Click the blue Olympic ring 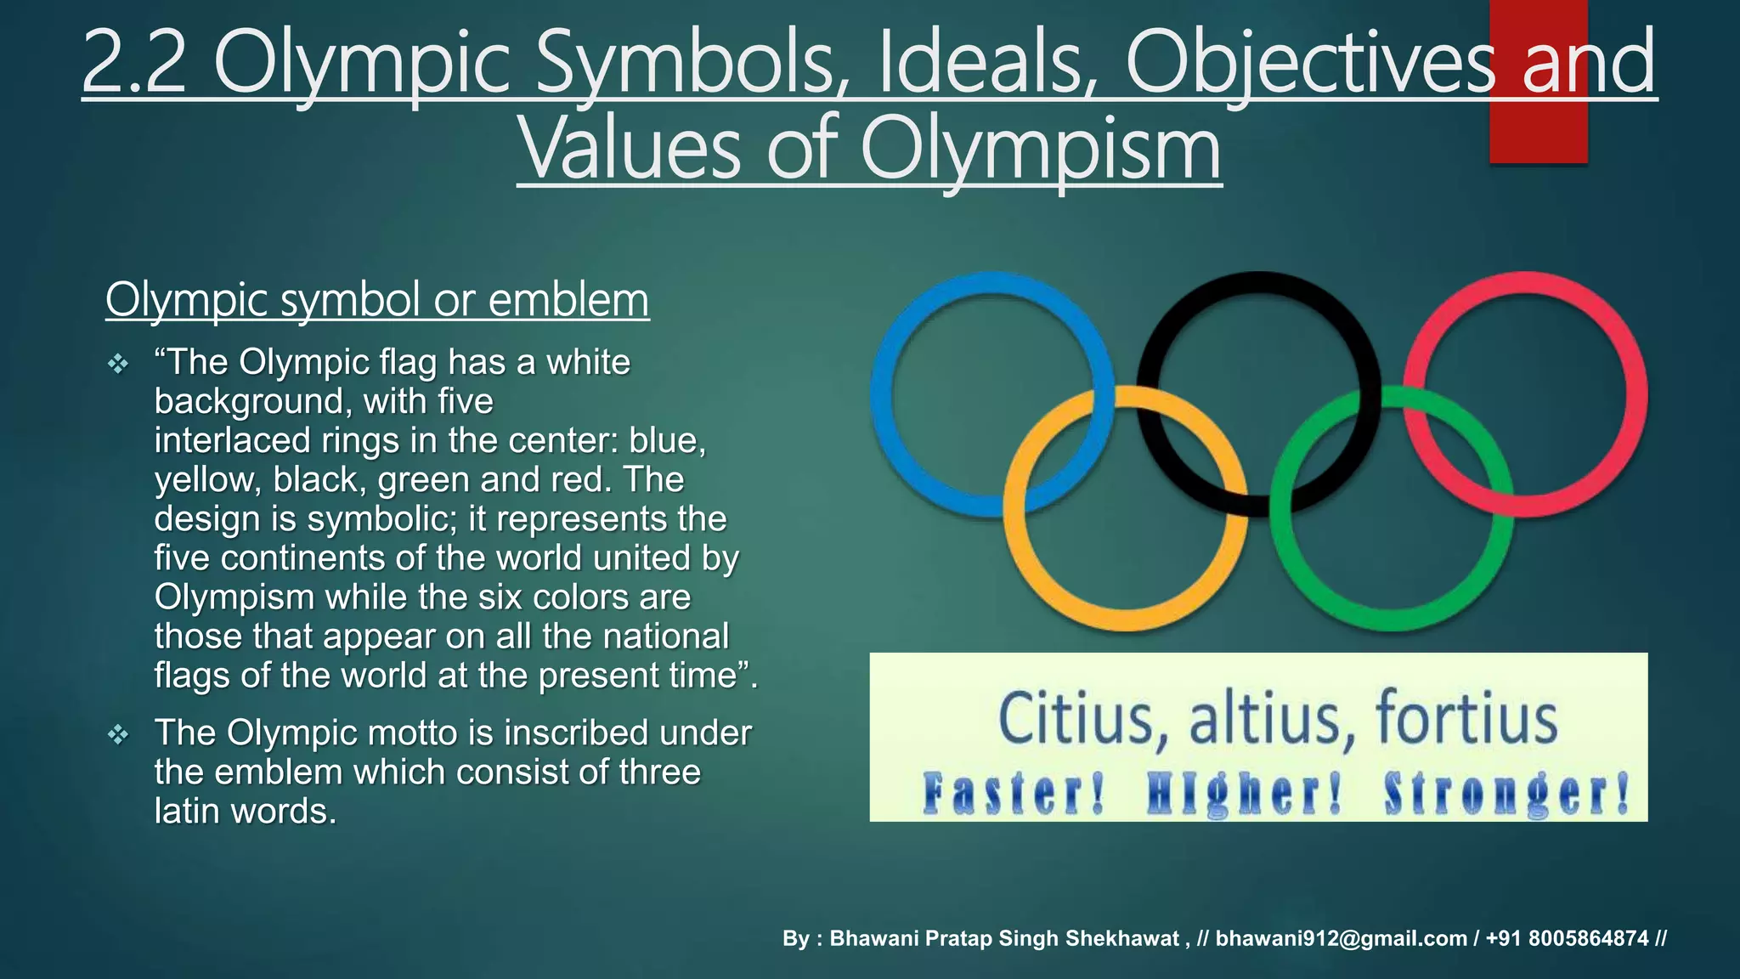click(x=884, y=395)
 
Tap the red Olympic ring click(x=1635, y=395)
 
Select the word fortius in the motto click(x=1466, y=721)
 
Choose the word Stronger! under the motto click(x=1506, y=794)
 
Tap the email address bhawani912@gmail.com click(x=1341, y=938)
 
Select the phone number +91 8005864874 click(x=1567, y=938)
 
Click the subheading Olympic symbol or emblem click(x=377, y=300)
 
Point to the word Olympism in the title click(x=1040, y=150)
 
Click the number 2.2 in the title click(x=134, y=63)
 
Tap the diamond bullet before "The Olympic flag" click(x=118, y=365)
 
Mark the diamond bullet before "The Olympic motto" click(x=118, y=734)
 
